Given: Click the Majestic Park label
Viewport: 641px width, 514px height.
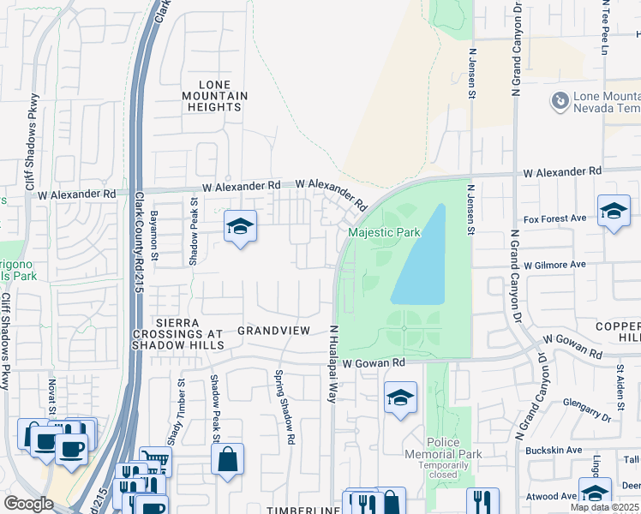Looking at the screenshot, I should coord(384,232).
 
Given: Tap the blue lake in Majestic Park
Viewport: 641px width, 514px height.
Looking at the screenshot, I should coord(421,257).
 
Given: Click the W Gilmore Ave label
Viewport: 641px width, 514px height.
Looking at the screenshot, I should coord(554,265).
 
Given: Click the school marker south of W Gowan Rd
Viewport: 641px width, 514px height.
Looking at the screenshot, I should coord(399,397).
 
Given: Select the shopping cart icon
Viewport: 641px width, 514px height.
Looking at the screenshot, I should coord(155,461).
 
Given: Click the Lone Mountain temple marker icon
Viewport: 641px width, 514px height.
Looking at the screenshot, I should coord(560,101).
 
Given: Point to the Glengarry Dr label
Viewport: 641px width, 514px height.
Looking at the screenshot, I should coord(587,409).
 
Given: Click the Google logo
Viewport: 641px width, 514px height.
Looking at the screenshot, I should coord(28,504).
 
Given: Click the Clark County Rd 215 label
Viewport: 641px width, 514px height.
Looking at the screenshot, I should coord(138,242).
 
